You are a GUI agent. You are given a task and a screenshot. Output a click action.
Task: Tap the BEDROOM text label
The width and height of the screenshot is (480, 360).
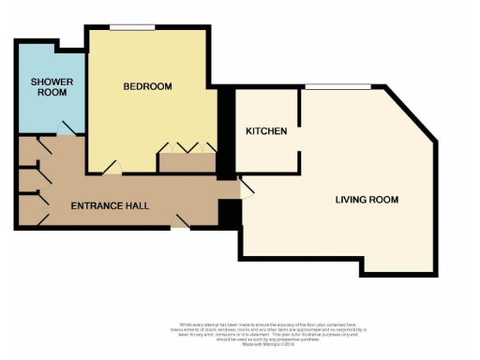click(148, 87)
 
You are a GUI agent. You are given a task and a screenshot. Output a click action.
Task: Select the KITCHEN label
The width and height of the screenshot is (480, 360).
click(266, 131)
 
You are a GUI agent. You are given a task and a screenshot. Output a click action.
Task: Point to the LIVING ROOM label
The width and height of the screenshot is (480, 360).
click(367, 200)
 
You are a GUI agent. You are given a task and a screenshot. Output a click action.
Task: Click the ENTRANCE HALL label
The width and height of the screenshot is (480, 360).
click(111, 205)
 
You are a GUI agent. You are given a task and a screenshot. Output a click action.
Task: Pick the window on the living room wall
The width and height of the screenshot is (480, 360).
click(337, 88)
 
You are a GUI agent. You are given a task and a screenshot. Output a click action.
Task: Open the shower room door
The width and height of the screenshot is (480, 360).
click(67, 129)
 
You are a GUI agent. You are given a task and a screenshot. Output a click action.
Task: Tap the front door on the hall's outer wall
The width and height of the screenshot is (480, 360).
click(179, 223)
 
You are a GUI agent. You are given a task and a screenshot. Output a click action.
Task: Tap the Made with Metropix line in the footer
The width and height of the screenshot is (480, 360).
click(240, 345)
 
